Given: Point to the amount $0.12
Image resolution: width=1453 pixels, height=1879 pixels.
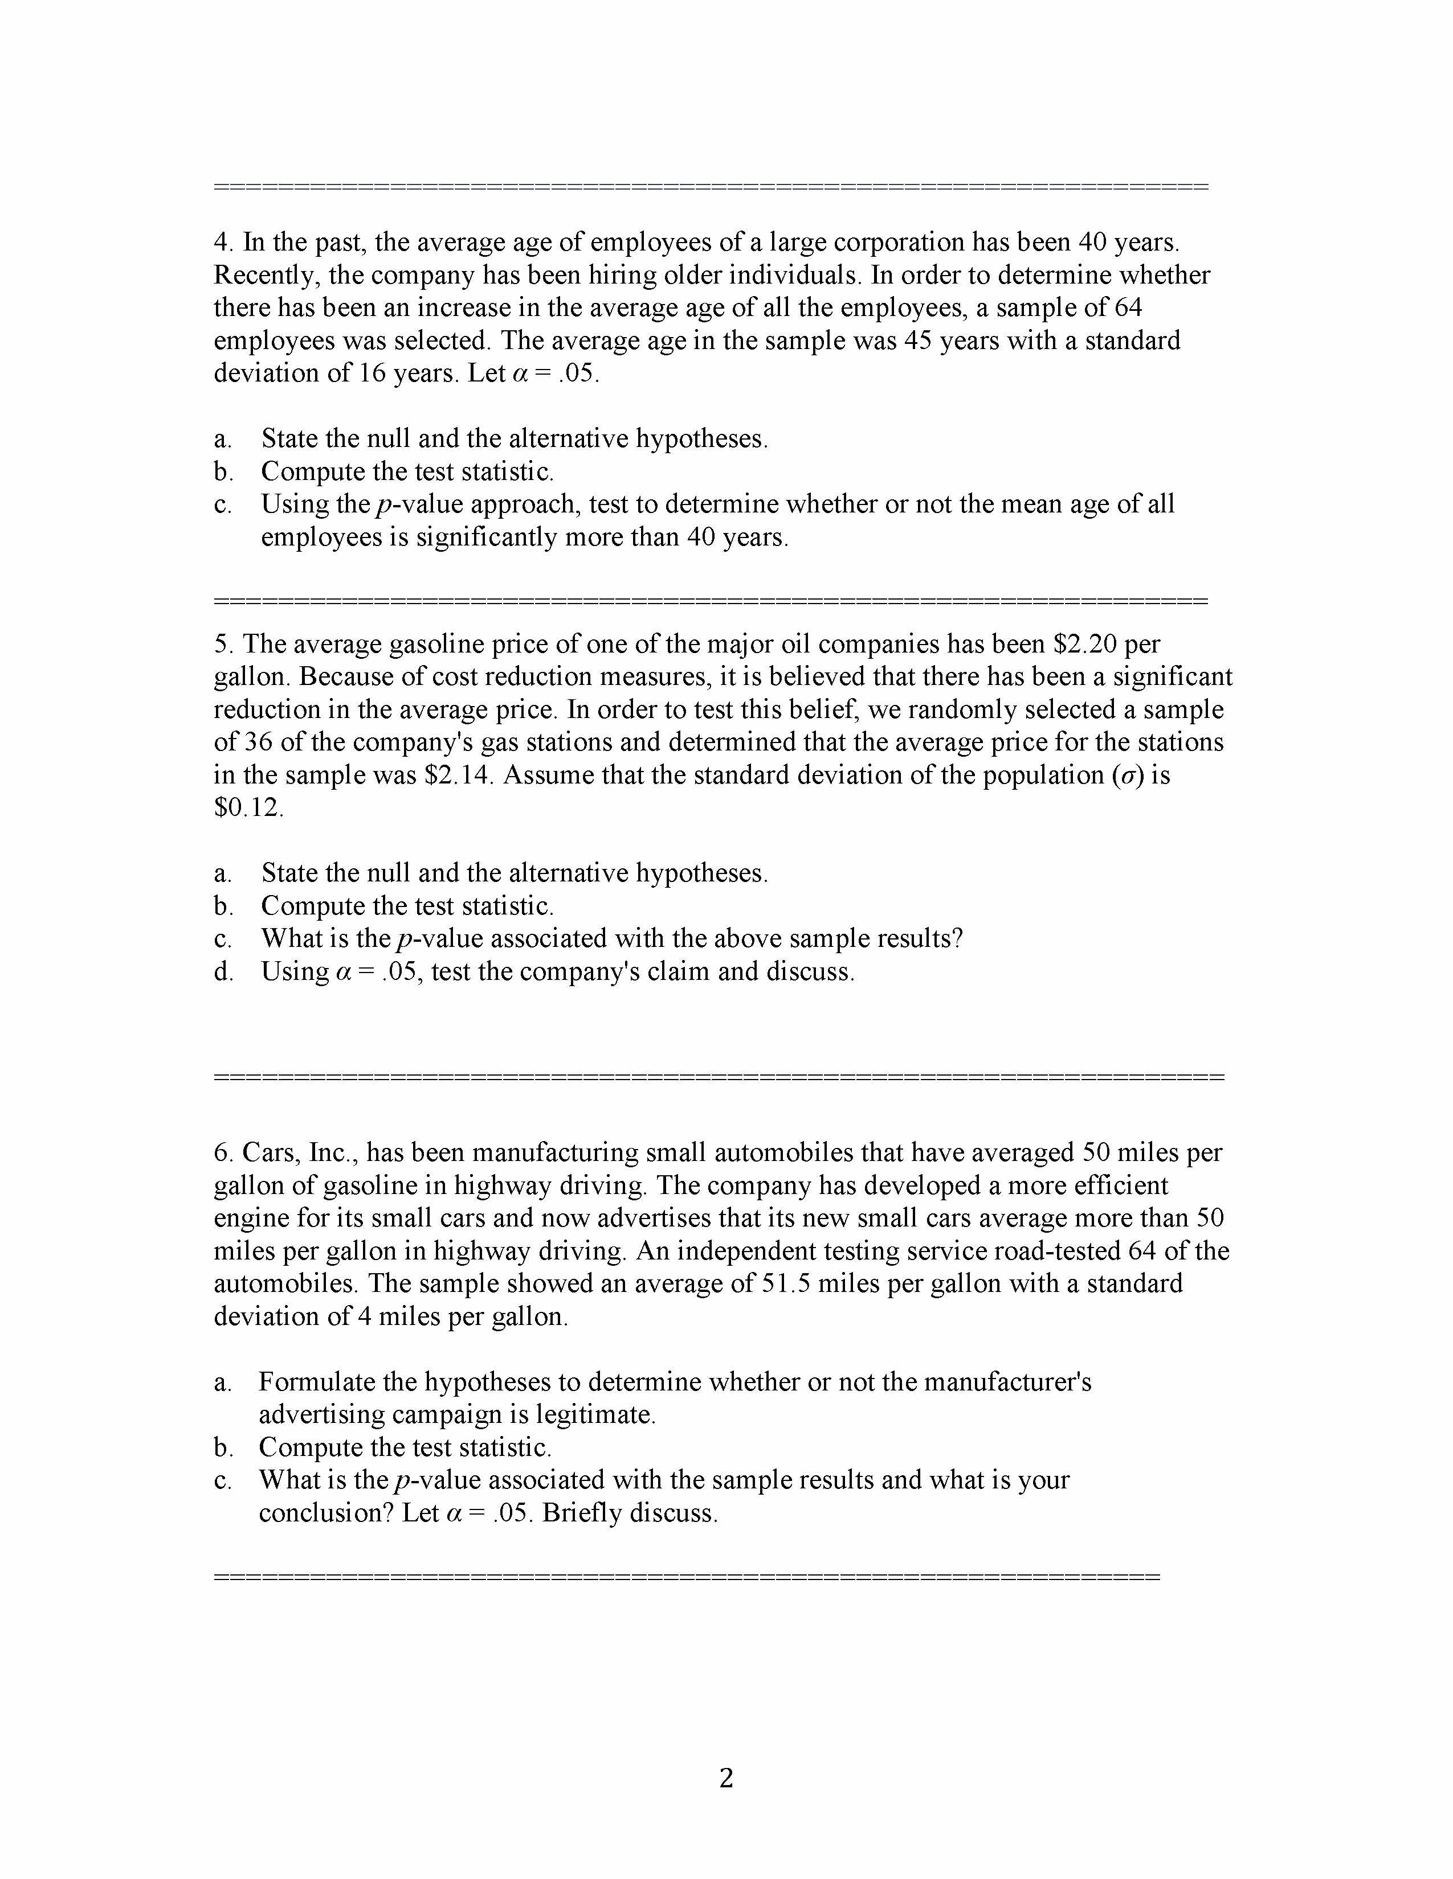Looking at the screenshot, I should [x=247, y=808].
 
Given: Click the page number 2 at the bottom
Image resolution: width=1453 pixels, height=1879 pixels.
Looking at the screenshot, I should [x=725, y=1778].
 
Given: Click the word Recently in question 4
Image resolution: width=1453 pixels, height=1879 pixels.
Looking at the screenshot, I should [x=266, y=276].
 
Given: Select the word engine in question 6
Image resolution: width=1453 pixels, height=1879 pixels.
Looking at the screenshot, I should [x=251, y=1219].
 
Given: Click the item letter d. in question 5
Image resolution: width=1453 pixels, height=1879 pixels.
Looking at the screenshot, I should [x=223, y=972].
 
